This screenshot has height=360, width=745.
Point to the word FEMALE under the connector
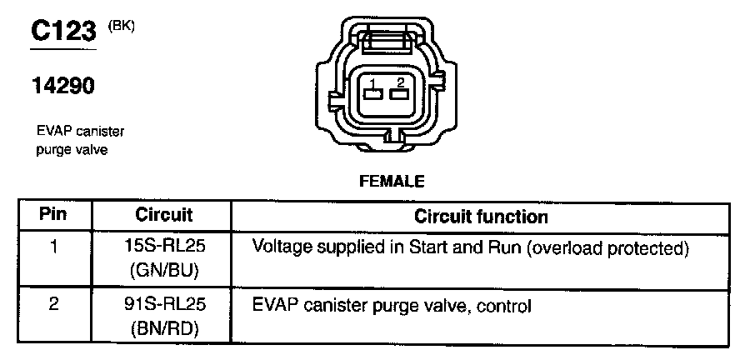click(x=392, y=180)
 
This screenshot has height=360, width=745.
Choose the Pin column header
click(x=53, y=215)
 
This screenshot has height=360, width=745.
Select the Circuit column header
click(x=164, y=215)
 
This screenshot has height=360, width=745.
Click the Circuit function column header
click(x=481, y=217)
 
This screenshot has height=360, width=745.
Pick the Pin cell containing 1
click(x=53, y=247)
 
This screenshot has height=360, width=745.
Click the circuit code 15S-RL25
click(x=163, y=247)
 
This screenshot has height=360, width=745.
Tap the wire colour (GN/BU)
click(x=163, y=270)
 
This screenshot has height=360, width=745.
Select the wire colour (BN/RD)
click(x=163, y=327)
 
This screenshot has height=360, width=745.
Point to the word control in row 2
click(x=503, y=305)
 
